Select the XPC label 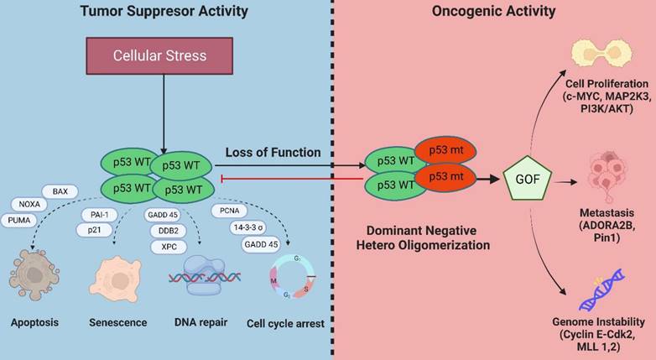click(x=168, y=248)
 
